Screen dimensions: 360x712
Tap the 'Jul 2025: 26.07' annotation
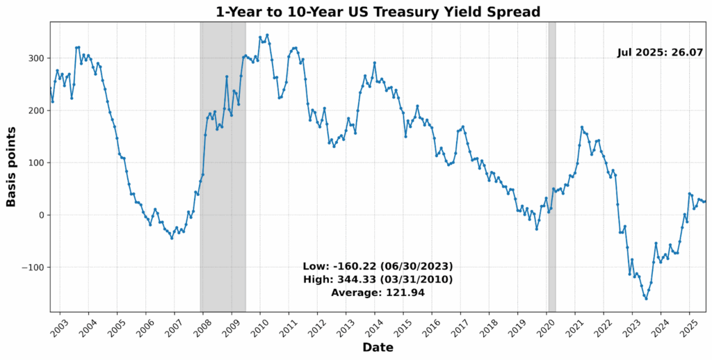661,52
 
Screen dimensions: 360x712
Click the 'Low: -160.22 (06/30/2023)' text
378,266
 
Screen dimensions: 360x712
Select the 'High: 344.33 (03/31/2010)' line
378,279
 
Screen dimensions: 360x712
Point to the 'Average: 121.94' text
378,293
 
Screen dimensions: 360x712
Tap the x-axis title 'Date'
378,347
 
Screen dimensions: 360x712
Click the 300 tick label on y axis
35,58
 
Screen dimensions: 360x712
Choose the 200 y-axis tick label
35,111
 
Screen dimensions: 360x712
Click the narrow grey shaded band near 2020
552,167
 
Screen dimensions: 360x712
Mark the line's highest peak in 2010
267,35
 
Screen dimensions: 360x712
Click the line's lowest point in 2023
646,298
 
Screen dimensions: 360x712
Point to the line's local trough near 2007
172,238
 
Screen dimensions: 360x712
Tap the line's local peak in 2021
581,127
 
